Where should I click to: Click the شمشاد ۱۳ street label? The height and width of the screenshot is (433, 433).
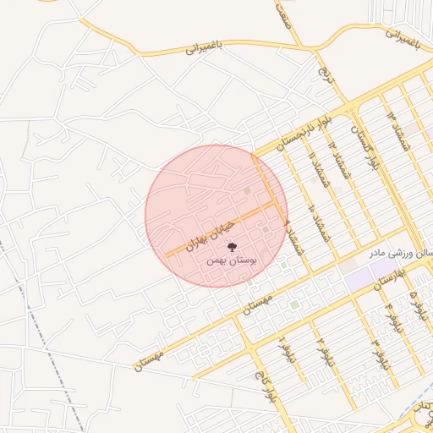[391, 120]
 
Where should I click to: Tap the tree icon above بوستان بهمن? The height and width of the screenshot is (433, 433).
[233, 247]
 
